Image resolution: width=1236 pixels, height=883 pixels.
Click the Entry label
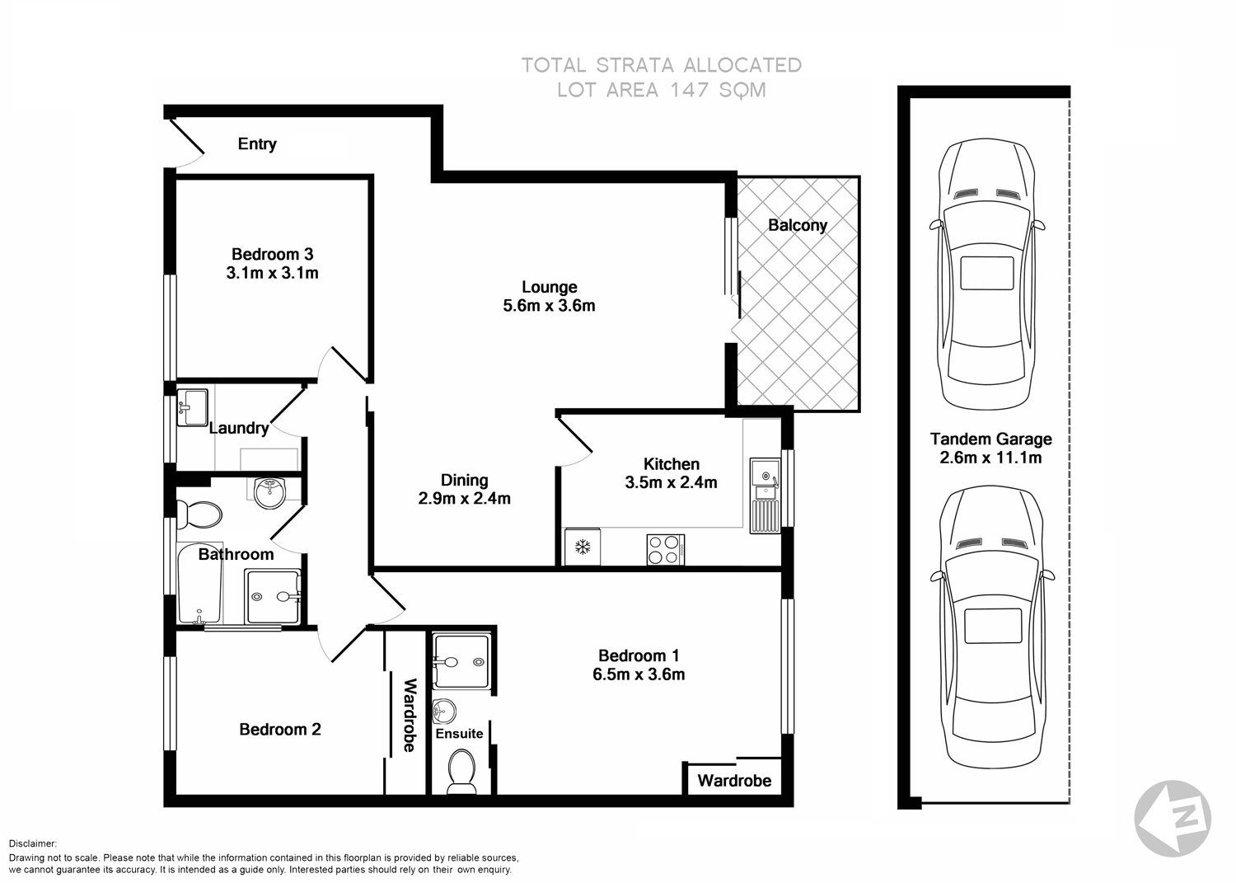click(x=257, y=144)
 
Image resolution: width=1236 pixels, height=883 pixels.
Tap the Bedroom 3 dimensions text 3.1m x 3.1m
click(x=272, y=273)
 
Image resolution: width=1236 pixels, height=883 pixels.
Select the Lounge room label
click(x=549, y=287)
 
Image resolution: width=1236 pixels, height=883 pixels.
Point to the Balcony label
click(x=797, y=225)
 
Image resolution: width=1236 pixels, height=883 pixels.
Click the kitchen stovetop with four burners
click(x=665, y=550)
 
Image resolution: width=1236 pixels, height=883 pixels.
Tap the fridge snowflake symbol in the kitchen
click(x=583, y=547)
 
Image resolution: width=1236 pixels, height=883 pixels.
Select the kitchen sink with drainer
click(x=765, y=496)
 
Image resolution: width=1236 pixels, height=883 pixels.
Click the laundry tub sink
click(x=193, y=407)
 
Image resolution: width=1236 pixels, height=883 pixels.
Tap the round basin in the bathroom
click(x=269, y=493)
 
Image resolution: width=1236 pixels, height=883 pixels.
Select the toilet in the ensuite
click(x=461, y=772)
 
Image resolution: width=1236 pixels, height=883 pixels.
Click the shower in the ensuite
click(x=461, y=661)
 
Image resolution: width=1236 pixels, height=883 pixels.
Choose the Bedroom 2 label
click(x=279, y=730)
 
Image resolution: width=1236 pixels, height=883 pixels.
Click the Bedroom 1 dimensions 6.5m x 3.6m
click(x=639, y=674)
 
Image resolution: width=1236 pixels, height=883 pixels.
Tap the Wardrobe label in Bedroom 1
click(x=734, y=781)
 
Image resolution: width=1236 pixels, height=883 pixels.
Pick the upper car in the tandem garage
click(x=987, y=274)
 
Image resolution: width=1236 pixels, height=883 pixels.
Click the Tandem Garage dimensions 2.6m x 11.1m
click(x=990, y=458)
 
